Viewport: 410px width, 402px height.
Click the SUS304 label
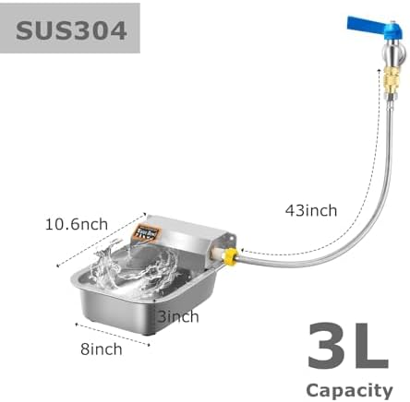point(71,30)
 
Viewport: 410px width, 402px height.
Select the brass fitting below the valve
point(388,82)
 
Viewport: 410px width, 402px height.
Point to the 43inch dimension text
point(311,211)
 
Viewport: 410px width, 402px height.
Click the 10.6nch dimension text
point(77,224)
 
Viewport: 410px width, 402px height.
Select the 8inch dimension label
point(102,349)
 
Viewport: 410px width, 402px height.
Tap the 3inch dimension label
point(178,316)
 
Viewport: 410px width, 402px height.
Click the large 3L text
point(348,346)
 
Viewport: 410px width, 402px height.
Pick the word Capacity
point(349,391)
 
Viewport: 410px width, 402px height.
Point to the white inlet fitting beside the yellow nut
point(217,254)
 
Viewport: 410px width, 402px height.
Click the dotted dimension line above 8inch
point(113,335)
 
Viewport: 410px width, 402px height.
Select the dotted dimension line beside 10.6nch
point(101,240)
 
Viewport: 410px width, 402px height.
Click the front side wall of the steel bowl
point(118,311)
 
